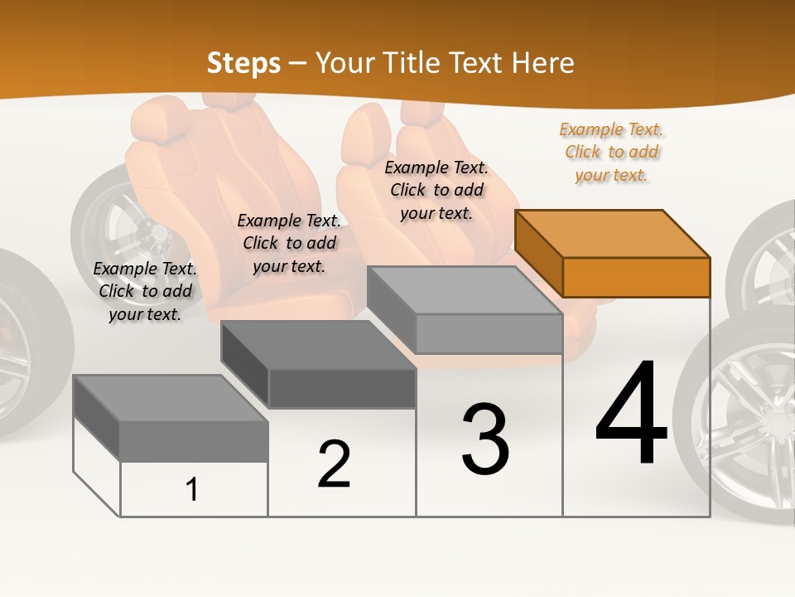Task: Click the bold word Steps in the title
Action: coord(243,63)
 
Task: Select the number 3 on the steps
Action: coord(485,440)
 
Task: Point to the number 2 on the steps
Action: coord(334,464)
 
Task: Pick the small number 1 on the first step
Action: coord(192,490)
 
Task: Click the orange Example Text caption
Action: coord(611,152)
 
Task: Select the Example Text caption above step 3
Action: coord(436,190)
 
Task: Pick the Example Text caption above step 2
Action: coord(289,243)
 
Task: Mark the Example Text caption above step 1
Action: coord(145,291)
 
